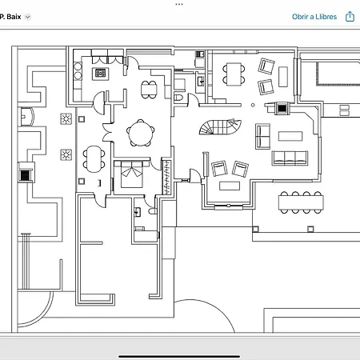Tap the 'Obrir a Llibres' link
(x=314, y=17)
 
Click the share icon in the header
(x=350, y=16)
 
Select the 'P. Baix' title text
(x=10, y=17)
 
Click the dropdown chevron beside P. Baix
(x=27, y=17)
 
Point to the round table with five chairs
(x=141, y=133)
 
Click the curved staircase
(x=220, y=127)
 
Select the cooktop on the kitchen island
(x=100, y=73)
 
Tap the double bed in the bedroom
(x=132, y=174)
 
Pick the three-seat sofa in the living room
(x=290, y=158)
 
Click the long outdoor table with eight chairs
(x=301, y=202)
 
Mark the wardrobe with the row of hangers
(x=166, y=177)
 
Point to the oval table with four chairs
(x=94, y=159)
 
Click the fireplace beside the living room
(x=282, y=108)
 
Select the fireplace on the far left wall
(x=26, y=175)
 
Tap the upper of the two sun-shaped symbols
(x=66, y=119)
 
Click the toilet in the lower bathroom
(x=153, y=211)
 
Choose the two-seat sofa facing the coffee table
(x=262, y=136)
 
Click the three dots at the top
(x=179, y=4)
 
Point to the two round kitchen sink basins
(x=78, y=71)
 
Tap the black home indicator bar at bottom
(x=179, y=356)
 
